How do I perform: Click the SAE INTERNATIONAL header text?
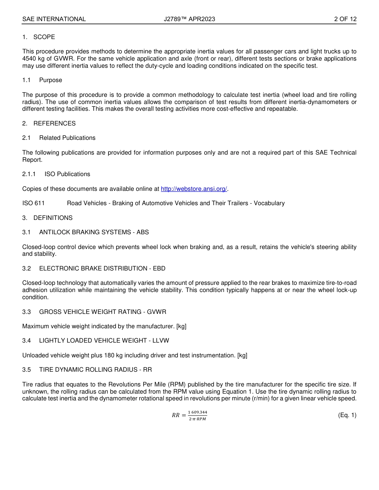pyautogui.click(x=54, y=19)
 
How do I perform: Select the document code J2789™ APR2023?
pyautogui.click(x=189, y=19)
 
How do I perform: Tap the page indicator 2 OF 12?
pyautogui.click(x=345, y=19)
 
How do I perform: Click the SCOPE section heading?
pyautogui.click(x=44, y=37)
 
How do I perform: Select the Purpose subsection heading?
pyautogui.click(x=51, y=80)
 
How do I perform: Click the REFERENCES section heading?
pyautogui.click(x=54, y=123)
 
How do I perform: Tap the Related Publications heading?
pyautogui.click(x=67, y=138)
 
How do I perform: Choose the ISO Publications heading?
pyautogui.click(x=67, y=174)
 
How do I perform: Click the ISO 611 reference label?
pyautogui.click(x=34, y=203)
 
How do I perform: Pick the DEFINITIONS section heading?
pyautogui.click(x=53, y=218)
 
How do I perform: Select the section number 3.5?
pyautogui.click(x=26, y=370)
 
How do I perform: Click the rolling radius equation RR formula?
pyautogui.click(x=189, y=416)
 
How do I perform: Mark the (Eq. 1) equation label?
pyautogui.click(x=347, y=415)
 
